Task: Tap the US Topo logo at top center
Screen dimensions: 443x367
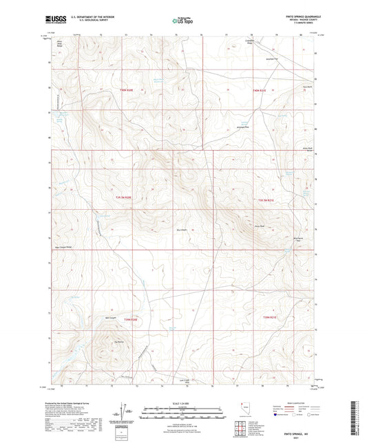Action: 182,21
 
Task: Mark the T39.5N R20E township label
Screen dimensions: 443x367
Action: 122,198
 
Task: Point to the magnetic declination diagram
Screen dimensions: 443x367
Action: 124,411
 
